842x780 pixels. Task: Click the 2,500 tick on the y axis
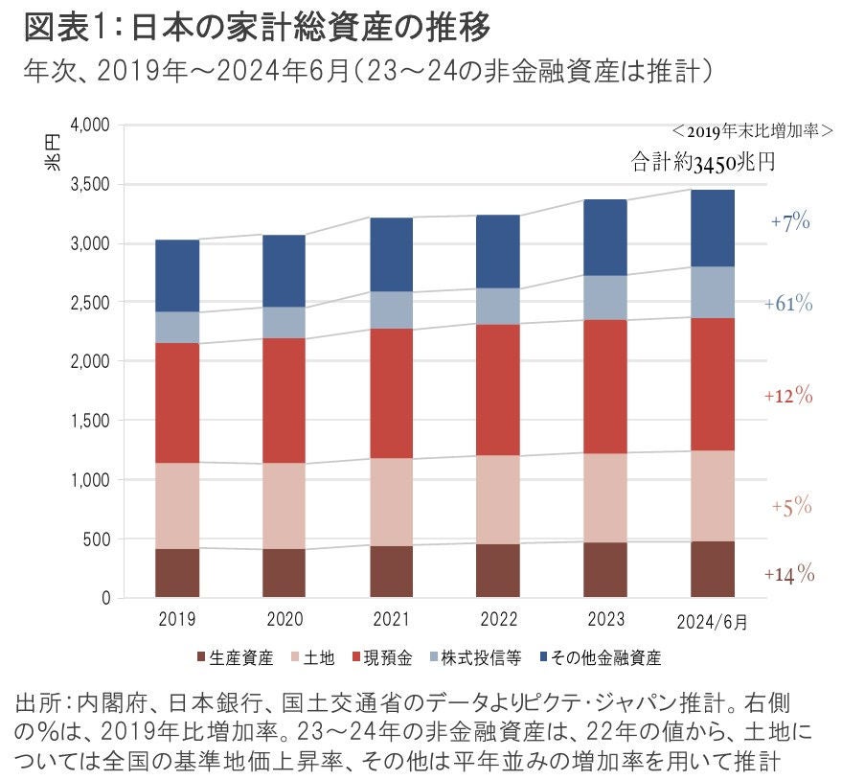91,303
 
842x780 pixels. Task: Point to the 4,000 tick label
91,126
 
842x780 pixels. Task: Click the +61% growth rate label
788,304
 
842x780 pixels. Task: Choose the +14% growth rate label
788,574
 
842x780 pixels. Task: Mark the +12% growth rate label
788,395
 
